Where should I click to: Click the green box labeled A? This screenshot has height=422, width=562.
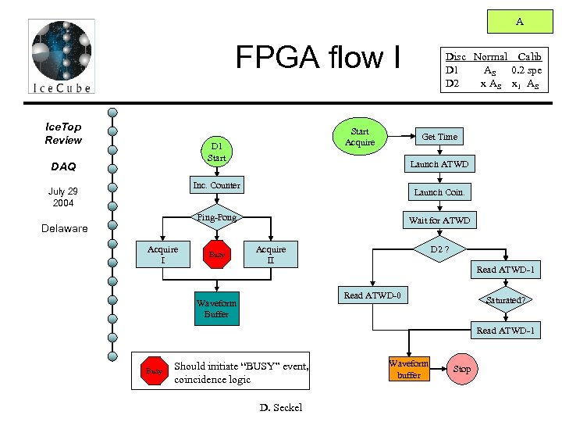pyautogui.click(x=519, y=22)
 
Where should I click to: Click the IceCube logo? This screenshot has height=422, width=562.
pyautogui.click(x=62, y=57)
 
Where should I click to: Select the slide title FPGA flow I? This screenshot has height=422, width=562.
pyautogui.click(x=320, y=57)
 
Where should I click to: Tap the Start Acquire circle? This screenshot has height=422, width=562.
pyautogui.click(x=360, y=137)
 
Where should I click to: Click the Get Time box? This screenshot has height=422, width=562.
pyautogui.click(x=439, y=137)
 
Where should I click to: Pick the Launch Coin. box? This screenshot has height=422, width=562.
pyautogui.click(x=439, y=192)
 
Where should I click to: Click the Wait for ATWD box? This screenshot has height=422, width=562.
pyautogui.click(x=439, y=220)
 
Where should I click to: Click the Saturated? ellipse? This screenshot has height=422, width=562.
pyautogui.click(x=506, y=300)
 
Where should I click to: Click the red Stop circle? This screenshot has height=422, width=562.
pyautogui.click(x=462, y=369)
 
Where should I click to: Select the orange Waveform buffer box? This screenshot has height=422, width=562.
pyautogui.click(x=408, y=369)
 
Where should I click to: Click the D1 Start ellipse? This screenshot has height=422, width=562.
pyautogui.click(x=216, y=152)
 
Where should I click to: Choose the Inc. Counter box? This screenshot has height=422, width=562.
pyautogui.click(x=216, y=185)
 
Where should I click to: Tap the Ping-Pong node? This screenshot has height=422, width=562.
pyautogui.click(x=216, y=217)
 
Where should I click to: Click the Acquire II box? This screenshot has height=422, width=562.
pyautogui.click(x=271, y=255)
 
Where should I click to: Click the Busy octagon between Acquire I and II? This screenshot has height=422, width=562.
pyautogui.click(x=217, y=255)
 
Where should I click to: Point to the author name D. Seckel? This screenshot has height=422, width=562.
pyautogui.click(x=280, y=407)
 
